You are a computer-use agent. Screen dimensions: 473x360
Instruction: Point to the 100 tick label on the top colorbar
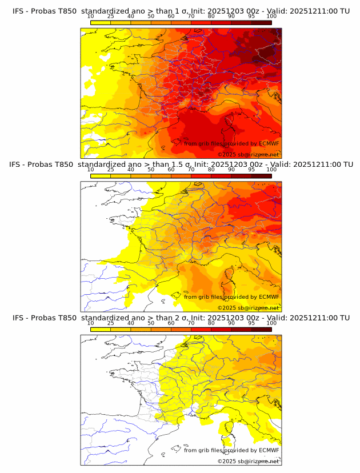[271, 16]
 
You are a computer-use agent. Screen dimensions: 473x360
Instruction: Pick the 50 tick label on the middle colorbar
[151, 170]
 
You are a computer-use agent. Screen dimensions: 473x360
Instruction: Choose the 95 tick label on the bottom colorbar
[251, 323]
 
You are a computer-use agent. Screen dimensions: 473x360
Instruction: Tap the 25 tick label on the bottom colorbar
[111, 323]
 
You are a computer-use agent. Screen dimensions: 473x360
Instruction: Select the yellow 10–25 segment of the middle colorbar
[101, 176]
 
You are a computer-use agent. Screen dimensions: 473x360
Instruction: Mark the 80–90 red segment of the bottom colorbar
[221, 329]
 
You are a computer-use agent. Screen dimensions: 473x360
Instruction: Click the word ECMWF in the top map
[269, 143]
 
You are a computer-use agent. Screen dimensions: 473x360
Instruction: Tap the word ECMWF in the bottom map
[269, 450]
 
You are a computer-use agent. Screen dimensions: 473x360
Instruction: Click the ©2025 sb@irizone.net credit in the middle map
[248, 308]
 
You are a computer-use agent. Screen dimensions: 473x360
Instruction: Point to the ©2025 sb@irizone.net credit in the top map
[248, 155]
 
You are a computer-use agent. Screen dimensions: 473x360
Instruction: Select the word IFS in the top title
[18, 11]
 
